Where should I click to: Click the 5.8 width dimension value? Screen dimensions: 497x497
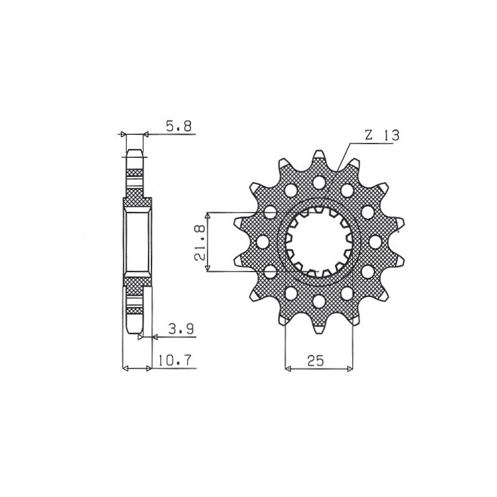pyautogui.click(x=179, y=126)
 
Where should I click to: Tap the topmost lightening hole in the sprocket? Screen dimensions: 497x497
pyautogui.click(x=319, y=183)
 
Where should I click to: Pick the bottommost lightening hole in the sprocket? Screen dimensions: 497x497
pyautogui.click(x=319, y=301)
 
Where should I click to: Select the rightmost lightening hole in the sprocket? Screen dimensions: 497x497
pyautogui.click(x=376, y=241)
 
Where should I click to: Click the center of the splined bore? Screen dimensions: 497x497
pyautogui.click(x=319, y=242)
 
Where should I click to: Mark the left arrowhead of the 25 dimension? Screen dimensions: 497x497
pyautogui.click(x=288, y=369)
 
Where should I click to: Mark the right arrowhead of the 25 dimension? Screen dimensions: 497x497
pyautogui.click(x=350, y=369)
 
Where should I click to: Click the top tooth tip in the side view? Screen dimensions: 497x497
pyautogui.click(x=135, y=153)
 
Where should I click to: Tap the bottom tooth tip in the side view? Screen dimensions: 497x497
pyautogui.click(x=135, y=331)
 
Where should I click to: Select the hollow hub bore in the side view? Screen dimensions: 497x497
pyautogui.click(x=137, y=242)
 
